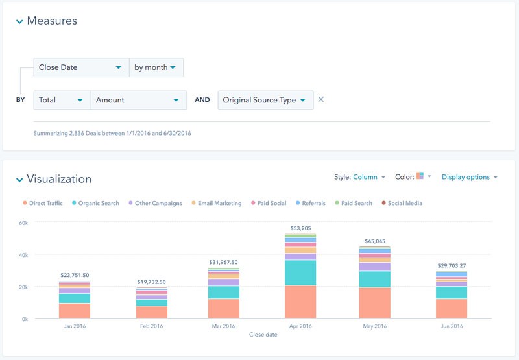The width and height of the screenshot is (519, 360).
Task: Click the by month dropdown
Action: [x=156, y=67]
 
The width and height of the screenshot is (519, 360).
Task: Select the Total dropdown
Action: [x=62, y=100]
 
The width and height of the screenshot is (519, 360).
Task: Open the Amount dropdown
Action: [x=138, y=100]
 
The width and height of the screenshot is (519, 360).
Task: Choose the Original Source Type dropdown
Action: [x=265, y=100]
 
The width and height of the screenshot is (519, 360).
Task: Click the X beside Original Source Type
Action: [x=321, y=100]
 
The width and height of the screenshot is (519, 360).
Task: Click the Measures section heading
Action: [x=51, y=21]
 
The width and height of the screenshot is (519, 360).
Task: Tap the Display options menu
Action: [x=469, y=177]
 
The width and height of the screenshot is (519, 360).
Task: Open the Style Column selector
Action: [x=368, y=177]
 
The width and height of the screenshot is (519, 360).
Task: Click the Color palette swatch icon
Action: [x=420, y=176]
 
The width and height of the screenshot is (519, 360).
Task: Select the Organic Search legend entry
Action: [x=98, y=204]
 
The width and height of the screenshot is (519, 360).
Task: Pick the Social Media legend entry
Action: [x=404, y=204]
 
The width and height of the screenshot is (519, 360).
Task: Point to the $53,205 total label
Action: [x=300, y=228]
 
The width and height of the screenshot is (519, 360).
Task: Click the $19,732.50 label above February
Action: [x=151, y=282]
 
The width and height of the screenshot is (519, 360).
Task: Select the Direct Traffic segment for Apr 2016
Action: [x=300, y=302]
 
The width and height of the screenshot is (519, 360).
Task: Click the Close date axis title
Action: [x=263, y=335]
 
